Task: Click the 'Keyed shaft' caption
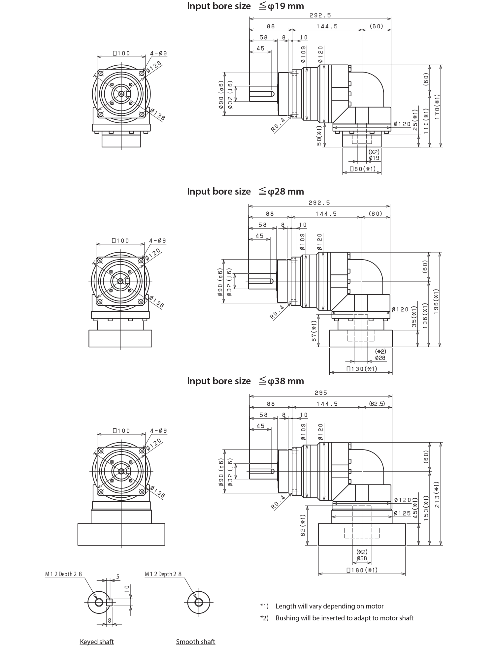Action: (98, 642)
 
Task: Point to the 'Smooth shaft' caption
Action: (196, 642)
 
